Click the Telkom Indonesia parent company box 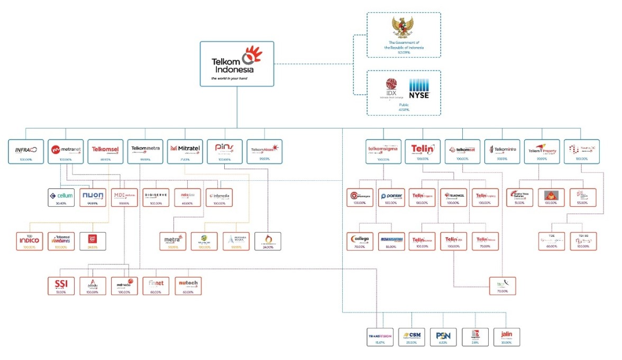coord(236,63)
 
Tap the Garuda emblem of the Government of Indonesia coord(404,27)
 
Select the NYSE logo coord(419,88)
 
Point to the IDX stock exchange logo coord(391,87)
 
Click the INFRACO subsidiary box coord(25,151)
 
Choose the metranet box coord(65,151)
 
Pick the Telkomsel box coord(105,151)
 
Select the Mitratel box coord(185,151)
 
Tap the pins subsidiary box coord(224,151)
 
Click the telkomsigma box coord(383,151)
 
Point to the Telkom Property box coord(542,151)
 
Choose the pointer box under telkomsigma coord(392,197)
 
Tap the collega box coord(360,241)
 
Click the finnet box coord(156,285)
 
